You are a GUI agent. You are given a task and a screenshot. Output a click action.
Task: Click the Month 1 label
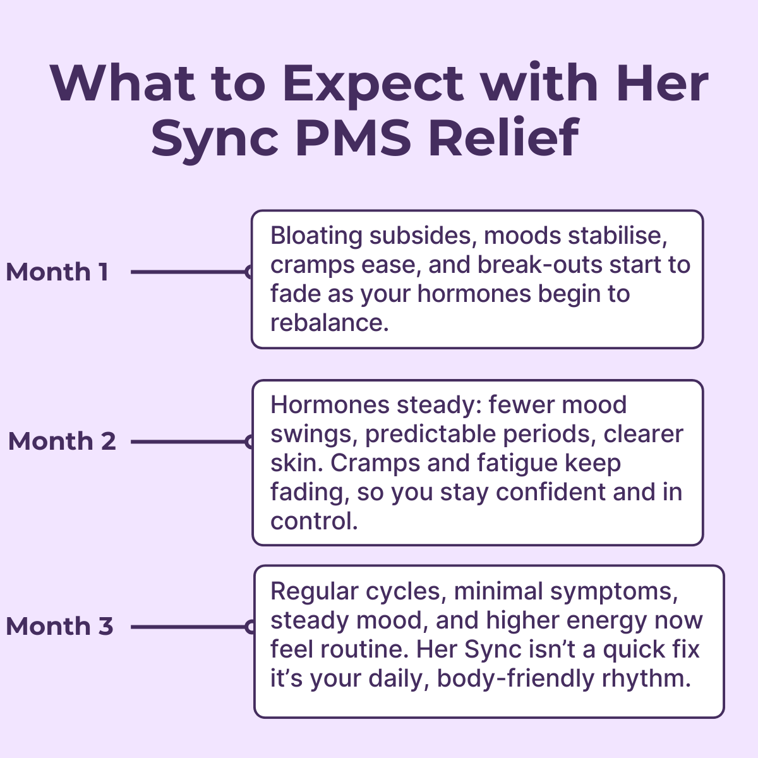[x=57, y=272]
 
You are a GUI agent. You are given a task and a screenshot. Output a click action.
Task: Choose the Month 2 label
[x=62, y=442]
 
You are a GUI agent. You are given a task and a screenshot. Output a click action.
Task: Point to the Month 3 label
[x=59, y=627]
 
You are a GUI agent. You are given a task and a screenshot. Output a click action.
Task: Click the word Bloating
[x=316, y=236]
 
